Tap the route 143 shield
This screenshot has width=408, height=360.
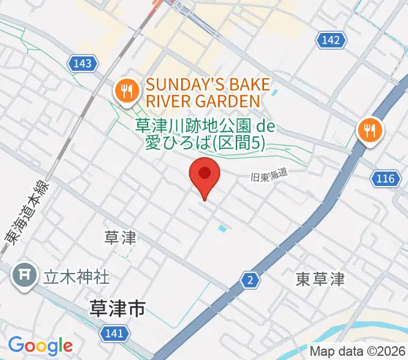[83, 63]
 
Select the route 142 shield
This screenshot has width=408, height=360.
[331, 41]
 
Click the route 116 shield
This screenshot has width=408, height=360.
[386, 178]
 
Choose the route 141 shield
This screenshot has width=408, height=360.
[115, 332]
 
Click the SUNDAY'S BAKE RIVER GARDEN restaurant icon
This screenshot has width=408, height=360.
[125, 91]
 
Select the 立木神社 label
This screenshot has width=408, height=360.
[76, 277]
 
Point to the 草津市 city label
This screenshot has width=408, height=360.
[117, 309]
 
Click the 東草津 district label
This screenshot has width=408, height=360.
[320, 279]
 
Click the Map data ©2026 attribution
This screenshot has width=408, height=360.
[358, 351]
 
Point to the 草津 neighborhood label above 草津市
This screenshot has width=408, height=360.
[120, 238]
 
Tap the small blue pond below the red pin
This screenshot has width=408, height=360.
[223, 229]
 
